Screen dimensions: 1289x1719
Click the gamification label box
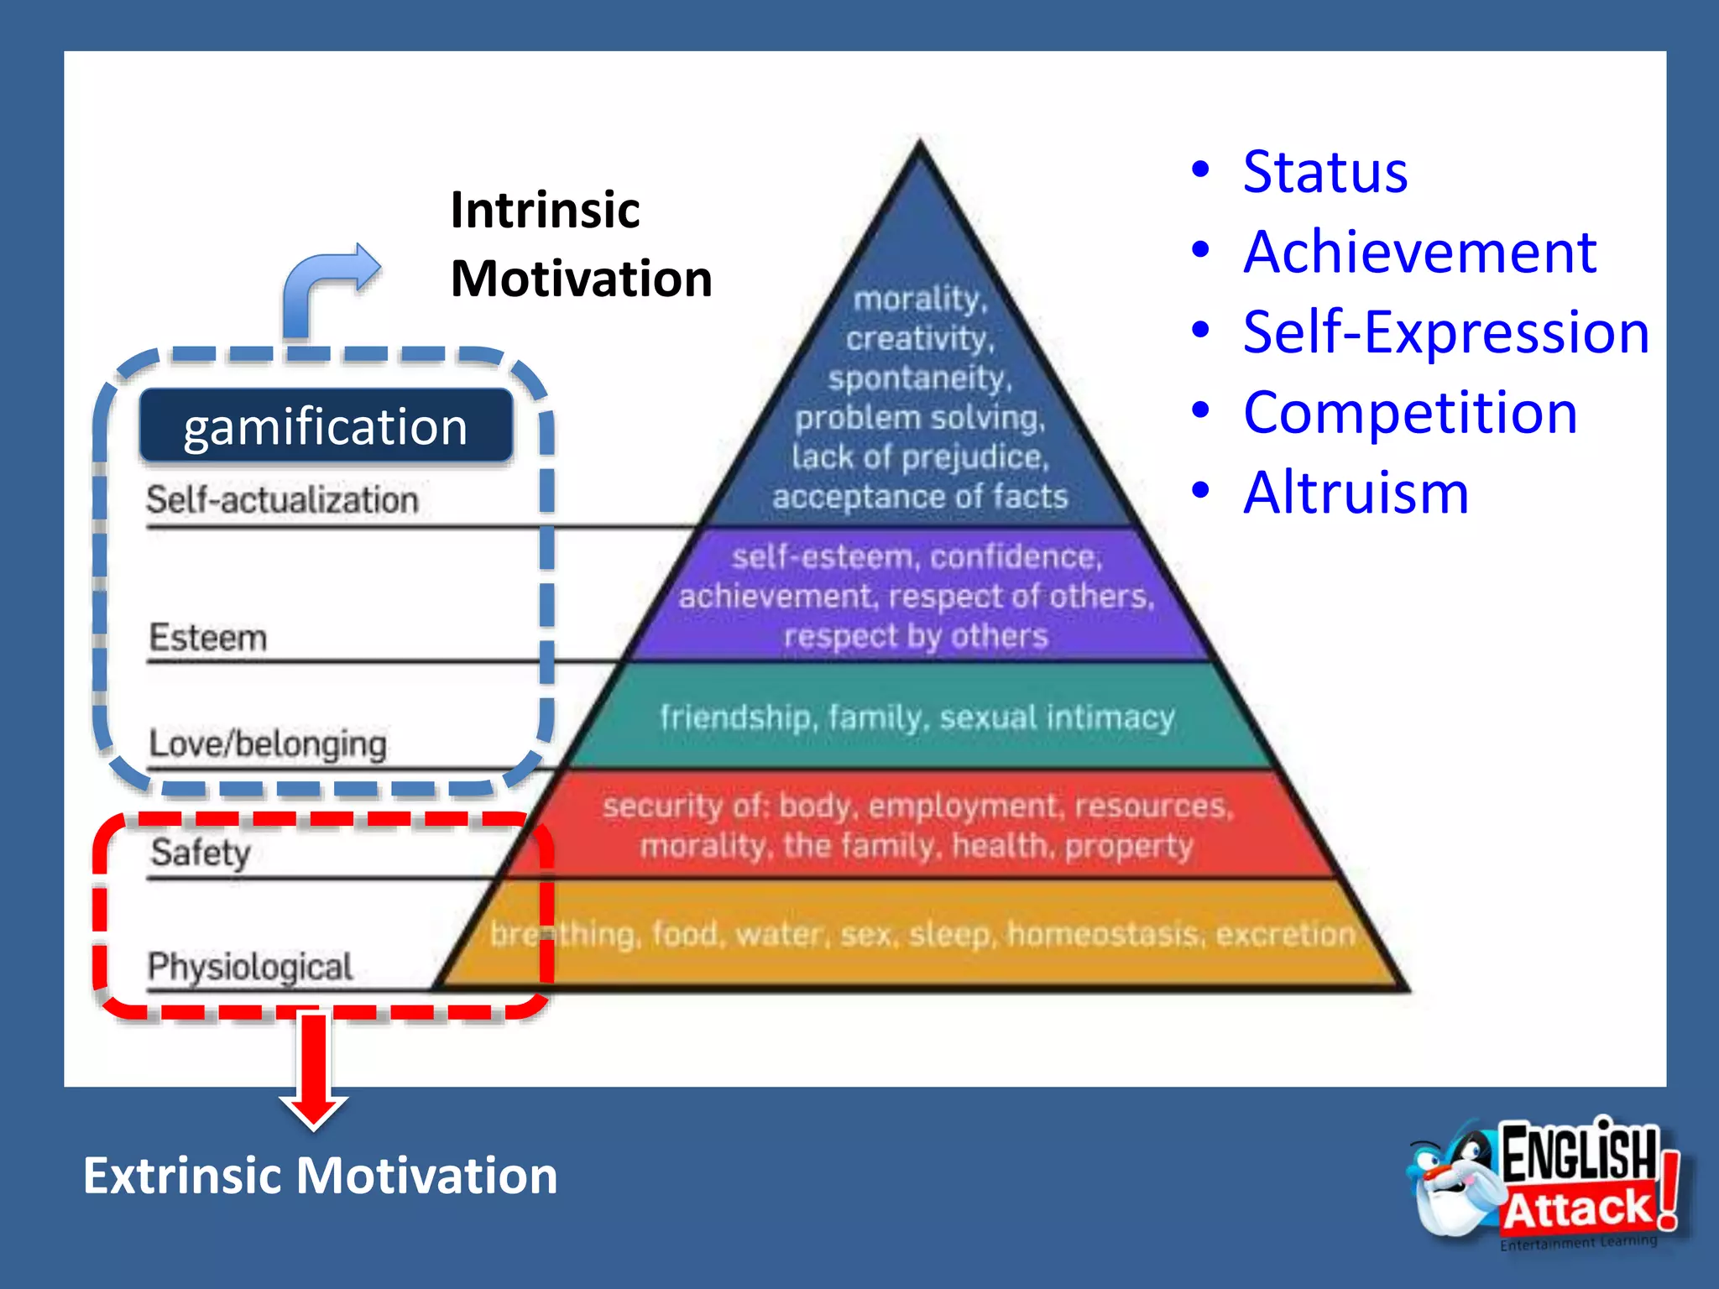tap(326, 426)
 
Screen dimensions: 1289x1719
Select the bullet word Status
tap(1325, 172)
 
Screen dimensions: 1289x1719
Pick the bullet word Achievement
tap(1419, 252)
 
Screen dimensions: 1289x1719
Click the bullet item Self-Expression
tap(1445, 332)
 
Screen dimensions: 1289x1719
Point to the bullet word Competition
tap(1410, 413)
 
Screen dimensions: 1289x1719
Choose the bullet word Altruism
tap(1356, 493)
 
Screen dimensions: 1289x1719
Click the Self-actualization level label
tap(282, 500)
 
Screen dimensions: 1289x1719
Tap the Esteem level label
tap(208, 638)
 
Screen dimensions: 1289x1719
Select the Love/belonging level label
tap(268, 744)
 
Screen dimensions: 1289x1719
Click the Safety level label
tap(201, 853)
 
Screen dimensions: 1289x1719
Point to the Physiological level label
tap(250, 967)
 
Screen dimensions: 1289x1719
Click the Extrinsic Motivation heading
tap(320, 1175)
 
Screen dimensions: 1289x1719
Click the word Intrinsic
tap(545, 210)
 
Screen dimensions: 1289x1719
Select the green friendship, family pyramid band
tap(917, 718)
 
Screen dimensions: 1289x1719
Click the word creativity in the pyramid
tap(919, 338)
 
